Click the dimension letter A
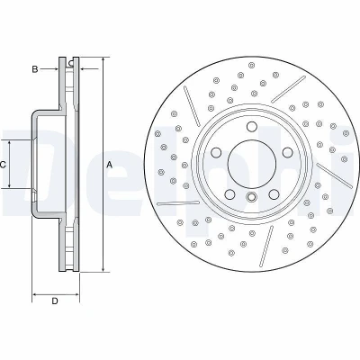[110, 165]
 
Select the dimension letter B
[35, 69]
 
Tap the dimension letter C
[3, 165]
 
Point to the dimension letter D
[55, 301]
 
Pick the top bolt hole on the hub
[251, 127]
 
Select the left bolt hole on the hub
[216, 152]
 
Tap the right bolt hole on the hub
[287, 152]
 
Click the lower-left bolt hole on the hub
[229, 194]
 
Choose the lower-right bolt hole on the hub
[274, 194]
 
